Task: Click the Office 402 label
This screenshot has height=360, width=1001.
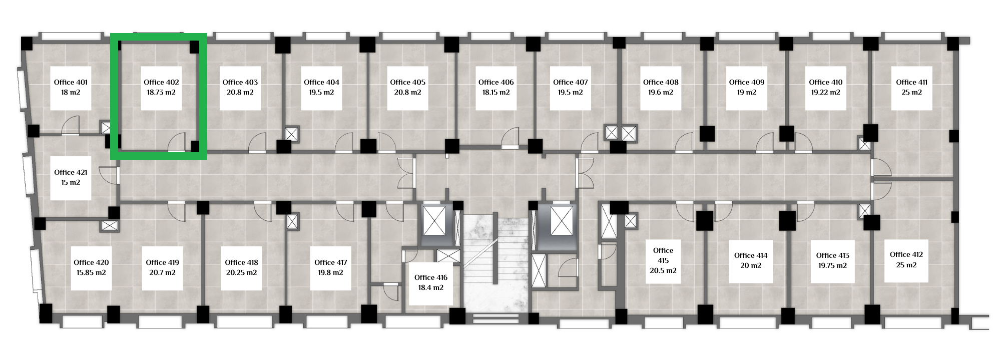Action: [161, 82]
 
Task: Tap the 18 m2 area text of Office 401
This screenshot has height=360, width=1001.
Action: [71, 92]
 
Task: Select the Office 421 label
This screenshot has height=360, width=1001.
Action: [71, 172]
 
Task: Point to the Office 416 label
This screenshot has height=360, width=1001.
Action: [431, 277]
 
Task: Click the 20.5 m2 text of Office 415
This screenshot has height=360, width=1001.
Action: [663, 270]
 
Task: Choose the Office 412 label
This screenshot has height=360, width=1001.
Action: [906, 254]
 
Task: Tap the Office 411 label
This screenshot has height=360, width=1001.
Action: [911, 82]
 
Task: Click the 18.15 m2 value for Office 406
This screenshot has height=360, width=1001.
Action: [496, 92]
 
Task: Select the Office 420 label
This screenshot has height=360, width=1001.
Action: [91, 262]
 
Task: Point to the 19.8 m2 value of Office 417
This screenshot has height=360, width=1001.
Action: [331, 272]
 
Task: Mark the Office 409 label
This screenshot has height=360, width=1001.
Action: [746, 82]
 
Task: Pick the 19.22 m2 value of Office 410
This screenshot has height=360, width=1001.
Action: [826, 92]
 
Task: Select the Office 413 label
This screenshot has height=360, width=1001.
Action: [833, 255]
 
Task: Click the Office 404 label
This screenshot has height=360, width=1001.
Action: [321, 82]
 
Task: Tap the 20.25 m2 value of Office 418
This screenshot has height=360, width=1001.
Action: [241, 272]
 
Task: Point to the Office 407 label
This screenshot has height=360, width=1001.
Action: [571, 82]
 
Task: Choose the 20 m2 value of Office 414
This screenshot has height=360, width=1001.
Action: [751, 265]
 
